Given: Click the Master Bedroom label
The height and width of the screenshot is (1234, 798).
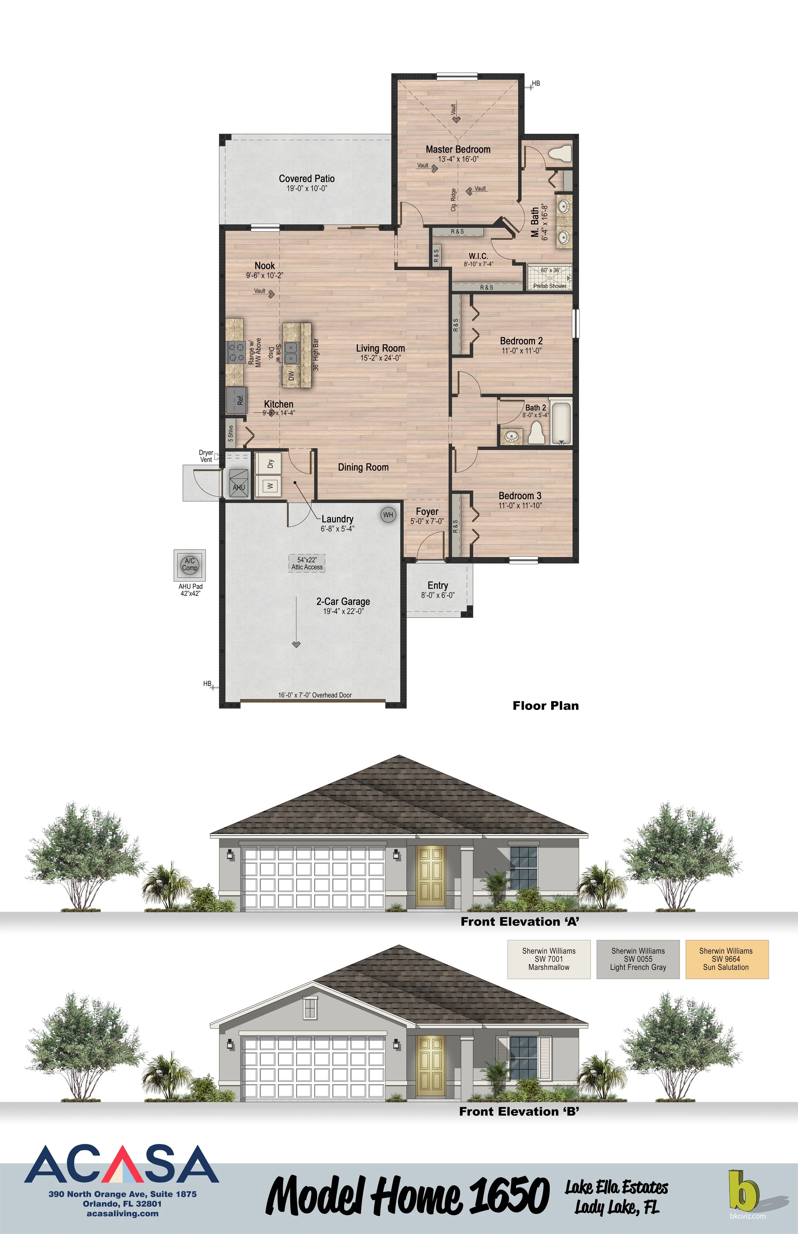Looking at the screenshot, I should (x=457, y=150).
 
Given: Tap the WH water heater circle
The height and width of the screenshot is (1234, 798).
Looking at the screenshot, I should (x=388, y=515).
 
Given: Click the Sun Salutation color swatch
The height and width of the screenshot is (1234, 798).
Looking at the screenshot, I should (x=726, y=959).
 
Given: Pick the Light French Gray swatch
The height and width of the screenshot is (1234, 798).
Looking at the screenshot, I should (x=638, y=959).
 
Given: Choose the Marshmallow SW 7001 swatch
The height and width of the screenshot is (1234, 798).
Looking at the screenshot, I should (x=549, y=959).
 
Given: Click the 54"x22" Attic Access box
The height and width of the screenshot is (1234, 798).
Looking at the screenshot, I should (x=307, y=563).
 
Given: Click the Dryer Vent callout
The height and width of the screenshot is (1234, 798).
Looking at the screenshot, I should (x=206, y=456).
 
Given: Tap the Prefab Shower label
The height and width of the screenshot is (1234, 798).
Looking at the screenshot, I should (x=549, y=286).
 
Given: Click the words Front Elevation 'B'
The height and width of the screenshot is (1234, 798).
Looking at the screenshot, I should (x=519, y=1111).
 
